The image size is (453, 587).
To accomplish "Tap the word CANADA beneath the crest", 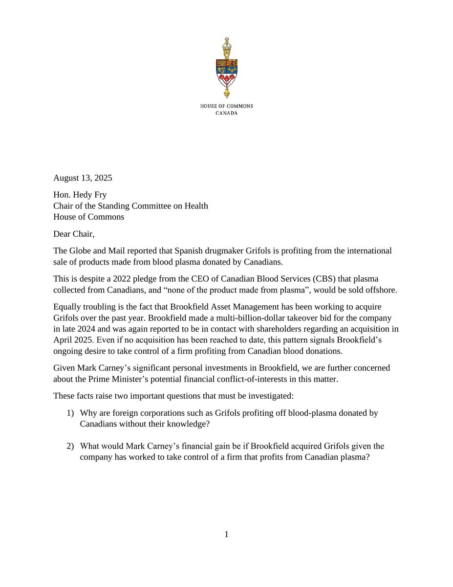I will coord(226,113).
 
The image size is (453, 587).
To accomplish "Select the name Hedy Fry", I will coord(91,195).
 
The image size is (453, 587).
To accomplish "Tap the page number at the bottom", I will coord(226,535).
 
